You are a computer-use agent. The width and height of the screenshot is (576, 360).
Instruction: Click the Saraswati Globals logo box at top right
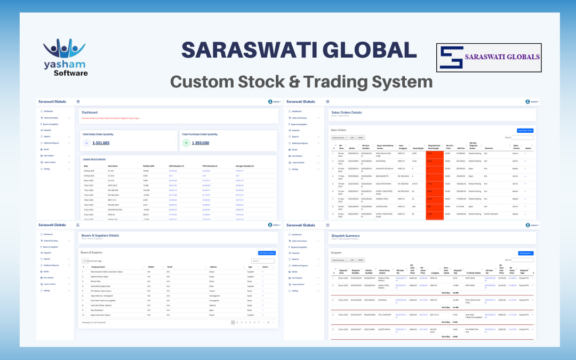point(489,57)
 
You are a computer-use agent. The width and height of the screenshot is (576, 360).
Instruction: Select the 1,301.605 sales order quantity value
point(101,143)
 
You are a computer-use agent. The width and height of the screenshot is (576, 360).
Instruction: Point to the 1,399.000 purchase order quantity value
point(200,143)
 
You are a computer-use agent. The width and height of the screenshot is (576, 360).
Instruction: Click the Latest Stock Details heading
point(94,159)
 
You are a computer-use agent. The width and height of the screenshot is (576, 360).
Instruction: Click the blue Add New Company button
point(266,252)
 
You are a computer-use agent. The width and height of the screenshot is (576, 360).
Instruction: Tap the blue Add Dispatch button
point(525,253)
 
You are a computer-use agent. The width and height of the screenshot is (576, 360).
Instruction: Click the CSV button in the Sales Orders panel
point(351,137)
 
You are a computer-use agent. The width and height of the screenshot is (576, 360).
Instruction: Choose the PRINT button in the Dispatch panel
point(361,260)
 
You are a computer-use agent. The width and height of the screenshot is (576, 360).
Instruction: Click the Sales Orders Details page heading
point(346,113)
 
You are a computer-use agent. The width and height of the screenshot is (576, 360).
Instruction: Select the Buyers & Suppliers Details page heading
point(100,235)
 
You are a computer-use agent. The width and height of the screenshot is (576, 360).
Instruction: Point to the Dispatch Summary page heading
point(345,235)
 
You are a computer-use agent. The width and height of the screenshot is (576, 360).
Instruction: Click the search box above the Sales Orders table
point(522,138)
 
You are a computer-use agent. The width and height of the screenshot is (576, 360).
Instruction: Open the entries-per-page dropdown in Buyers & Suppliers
point(85,261)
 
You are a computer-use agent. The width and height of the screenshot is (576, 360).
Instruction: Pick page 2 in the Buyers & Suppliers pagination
point(237,322)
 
